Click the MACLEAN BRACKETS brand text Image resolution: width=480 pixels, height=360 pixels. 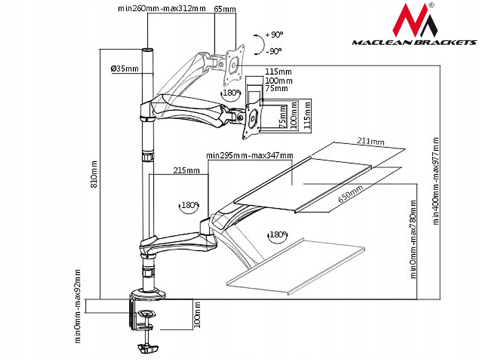pos(414,42)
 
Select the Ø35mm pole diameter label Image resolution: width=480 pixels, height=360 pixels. pos(124,69)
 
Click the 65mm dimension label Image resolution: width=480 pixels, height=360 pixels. pos(225,9)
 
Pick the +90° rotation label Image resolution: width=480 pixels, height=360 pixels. pos(273,35)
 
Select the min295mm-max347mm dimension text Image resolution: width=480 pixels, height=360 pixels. pos(250,155)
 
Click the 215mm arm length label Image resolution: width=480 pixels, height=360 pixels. pos(187,171)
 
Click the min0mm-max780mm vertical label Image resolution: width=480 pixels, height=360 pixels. pos(413,239)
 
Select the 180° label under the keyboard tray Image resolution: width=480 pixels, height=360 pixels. pos(278,235)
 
